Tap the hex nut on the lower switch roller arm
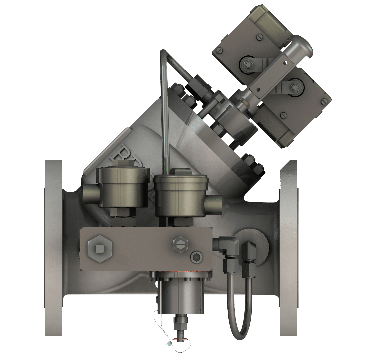295,87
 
